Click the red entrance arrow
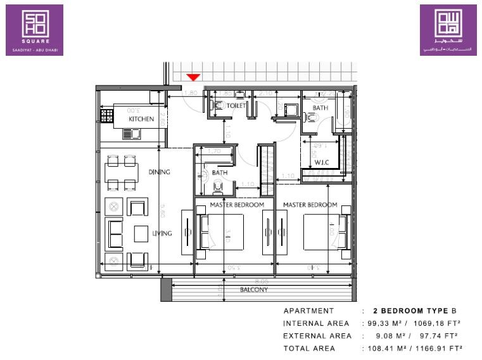coord(194,77)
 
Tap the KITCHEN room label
coord(141,119)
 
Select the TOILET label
coord(236,106)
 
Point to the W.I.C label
coord(322,162)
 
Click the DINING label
coord(160,172)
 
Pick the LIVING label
coord(162,233)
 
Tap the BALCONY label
coord(254,290)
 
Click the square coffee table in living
coord(141,234)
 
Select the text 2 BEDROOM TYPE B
coord(414,311)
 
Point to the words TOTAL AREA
coord(309,348)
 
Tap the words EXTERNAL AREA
coord(317,335)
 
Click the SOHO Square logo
coord(34,30)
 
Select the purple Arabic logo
coord(448,30)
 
